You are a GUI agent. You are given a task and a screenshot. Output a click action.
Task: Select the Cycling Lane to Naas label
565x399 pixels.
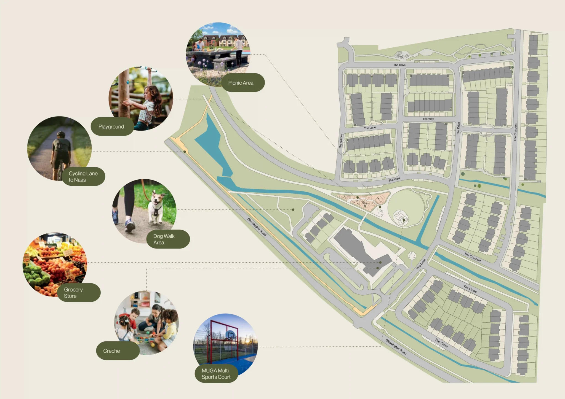[83, 176]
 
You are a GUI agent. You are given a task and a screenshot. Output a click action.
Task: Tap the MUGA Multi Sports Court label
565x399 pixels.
[216, 374]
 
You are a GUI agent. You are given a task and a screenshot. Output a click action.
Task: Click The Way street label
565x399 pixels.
[428, 119]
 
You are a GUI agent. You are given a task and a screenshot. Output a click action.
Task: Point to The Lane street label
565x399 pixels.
[370, 128]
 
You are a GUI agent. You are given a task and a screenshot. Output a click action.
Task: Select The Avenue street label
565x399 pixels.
[341, 141]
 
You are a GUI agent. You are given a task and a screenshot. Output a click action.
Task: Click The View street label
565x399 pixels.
[394, 180]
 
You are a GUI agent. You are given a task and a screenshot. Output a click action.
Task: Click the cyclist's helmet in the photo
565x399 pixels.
[60, 134]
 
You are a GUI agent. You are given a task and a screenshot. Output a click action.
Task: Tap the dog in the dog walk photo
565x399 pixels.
[156, 205]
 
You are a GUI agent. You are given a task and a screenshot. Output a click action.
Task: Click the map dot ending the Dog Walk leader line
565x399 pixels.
[293, 210]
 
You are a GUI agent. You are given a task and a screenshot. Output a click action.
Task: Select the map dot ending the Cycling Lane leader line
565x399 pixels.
[185, 152]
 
